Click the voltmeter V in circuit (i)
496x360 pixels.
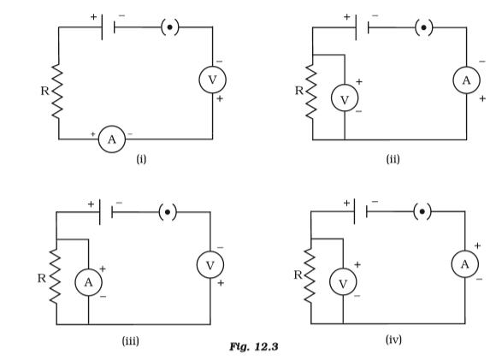[x=213, y=80]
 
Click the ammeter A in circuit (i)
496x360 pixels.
[x=112, y=139]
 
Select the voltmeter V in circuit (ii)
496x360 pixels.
[x=345, y=98]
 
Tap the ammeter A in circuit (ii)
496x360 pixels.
[x=467, y=80]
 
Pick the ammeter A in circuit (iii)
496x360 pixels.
[x=89, y=282]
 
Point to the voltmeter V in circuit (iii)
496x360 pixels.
[x=210, y=265]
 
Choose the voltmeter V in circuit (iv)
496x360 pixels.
[x=343, y=282]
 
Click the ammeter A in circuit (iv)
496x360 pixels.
[x=465, y=264]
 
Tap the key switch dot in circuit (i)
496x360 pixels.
[x=170, y=27]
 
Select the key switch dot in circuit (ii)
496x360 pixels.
[x=424, y=27]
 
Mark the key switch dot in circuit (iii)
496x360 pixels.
[x=168, y=212]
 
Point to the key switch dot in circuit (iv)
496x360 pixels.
[x=422, y=211]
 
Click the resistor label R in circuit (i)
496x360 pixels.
[x=45, y=91]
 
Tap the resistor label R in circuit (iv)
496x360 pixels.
[x=298, y=274]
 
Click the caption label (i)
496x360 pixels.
[x=141, y=158]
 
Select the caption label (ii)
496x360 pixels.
[x=393, y=159]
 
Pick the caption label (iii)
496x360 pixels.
[x=131, y=341]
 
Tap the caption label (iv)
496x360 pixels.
[x=394, y=339]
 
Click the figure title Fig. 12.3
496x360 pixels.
[x=254, y=346]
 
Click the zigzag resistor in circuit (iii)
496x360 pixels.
[x=56, y=276]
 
